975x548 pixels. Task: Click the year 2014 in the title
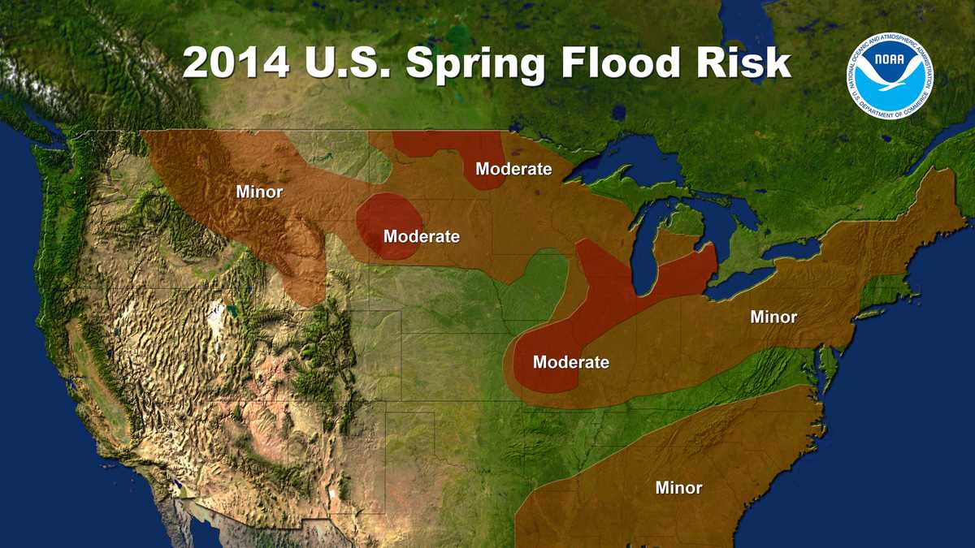tap(236, 63)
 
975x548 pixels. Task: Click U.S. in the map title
tap(348, 63)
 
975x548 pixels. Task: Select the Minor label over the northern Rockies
tap(259, 192)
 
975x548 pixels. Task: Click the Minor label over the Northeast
tap(773, 317)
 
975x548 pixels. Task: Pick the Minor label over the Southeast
tap(678, 488)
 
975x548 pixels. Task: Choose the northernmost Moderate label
tap(513, 169)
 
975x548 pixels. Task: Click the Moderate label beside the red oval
tap(422, 236)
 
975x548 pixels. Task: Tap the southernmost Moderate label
tap(570, 362)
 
